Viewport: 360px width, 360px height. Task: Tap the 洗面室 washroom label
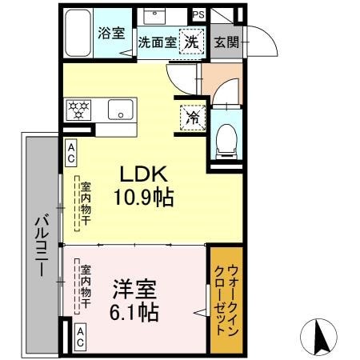(x=157, y=42)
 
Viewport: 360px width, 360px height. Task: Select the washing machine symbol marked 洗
(x=192, y=42)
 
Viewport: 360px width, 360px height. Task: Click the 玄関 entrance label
(x=226, y=42)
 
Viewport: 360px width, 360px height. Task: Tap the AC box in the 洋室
(x=81, y=337)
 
